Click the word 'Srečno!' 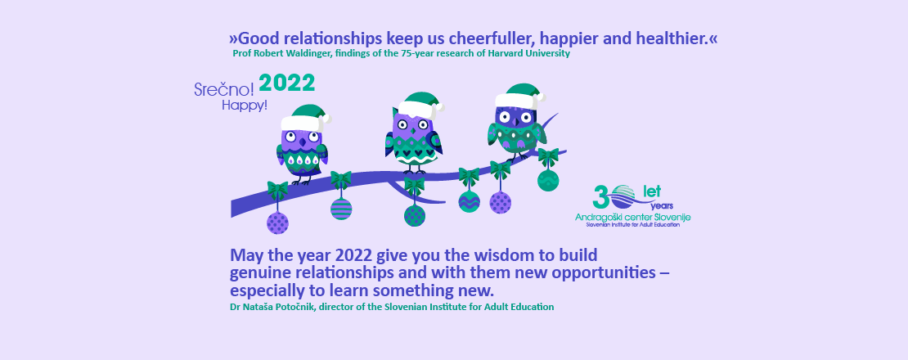point(224,89)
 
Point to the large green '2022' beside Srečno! point(286,83)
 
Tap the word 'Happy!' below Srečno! point(245,106)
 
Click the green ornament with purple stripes point(341,209)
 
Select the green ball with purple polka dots point(415,215)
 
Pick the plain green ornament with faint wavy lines point(548,180)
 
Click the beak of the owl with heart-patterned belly point(413,129)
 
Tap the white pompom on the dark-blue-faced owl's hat point(541,97)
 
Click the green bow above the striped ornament point(341,179)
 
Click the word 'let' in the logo point(652,191)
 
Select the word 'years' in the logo point(662,206)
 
